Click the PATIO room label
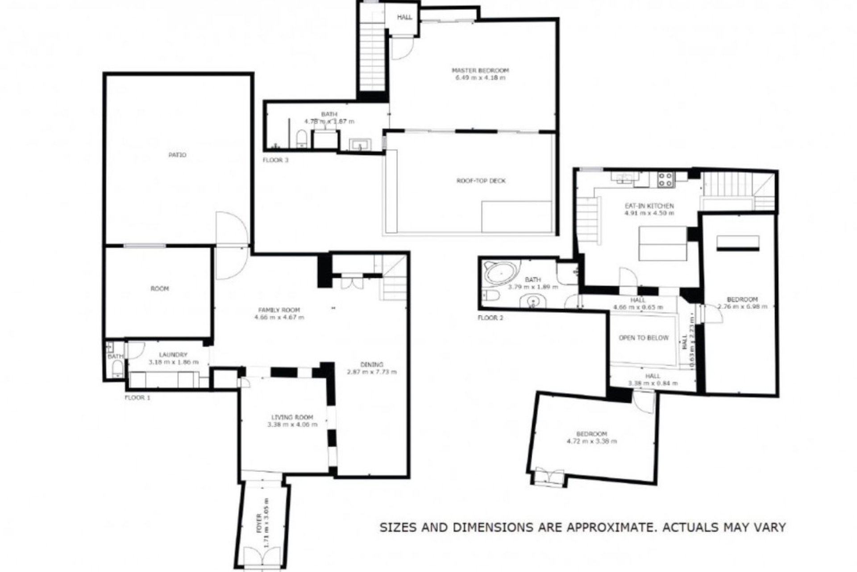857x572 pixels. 177,155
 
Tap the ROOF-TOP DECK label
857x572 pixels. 481,181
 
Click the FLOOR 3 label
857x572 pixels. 275,160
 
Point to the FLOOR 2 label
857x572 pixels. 490,318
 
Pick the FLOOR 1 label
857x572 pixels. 137,397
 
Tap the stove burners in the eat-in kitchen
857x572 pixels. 665,179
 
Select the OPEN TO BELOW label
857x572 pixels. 644,338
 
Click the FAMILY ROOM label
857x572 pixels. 279,310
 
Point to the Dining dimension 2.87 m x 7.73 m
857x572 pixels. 371,372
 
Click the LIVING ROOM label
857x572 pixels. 292,417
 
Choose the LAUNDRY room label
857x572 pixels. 173,355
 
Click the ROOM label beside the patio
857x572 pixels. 159,289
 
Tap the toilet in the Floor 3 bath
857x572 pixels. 302,139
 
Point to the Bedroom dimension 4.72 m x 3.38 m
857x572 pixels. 591,442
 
